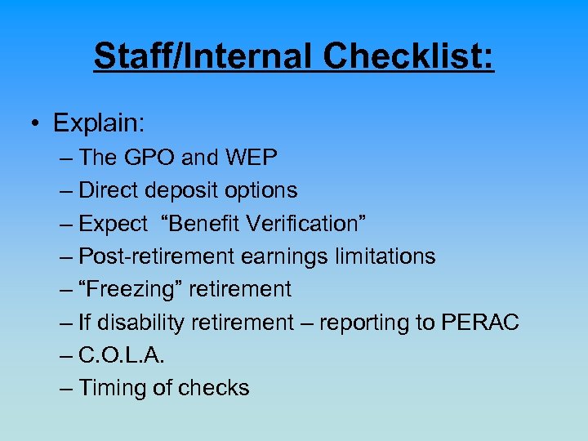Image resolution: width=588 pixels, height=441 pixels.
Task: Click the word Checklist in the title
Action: pyautogui.click(x=408, y=56)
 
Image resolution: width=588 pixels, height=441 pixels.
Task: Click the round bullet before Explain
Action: pyautogui.click(x=36, y=124)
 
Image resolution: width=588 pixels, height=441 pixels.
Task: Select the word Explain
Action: pyautogui.click(x=99, y=123)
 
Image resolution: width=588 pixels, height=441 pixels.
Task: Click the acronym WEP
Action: pyautogui.click(x=248, y=157)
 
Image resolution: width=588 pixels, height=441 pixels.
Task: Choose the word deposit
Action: pyautogui.click(x=182, y=190)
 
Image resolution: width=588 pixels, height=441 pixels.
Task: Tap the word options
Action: pyautogui.click(x=263, y=190)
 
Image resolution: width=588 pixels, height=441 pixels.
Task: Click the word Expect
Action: pyautogui.click(x=114, y=223)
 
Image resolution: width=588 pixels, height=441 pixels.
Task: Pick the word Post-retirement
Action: pyautogui.click(x=157, y=256)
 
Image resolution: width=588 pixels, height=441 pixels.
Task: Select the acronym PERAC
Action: pyautogui.click(x=481, y=323)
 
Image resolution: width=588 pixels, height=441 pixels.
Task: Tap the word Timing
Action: pyautogui.click(x=114, y=389)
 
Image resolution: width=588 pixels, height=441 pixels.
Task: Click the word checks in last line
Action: pyautogui.click(x=213, y=388)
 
